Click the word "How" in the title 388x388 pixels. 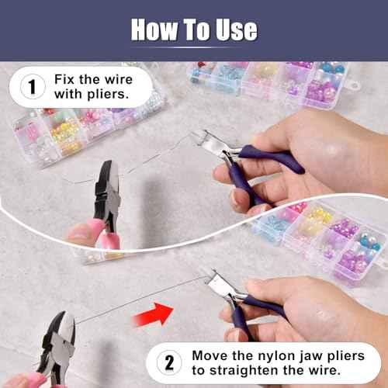pos(155,29)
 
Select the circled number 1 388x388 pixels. pos(32,87)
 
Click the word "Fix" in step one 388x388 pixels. pos(64,79)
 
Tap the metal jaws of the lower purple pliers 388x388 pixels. pos(221,286)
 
